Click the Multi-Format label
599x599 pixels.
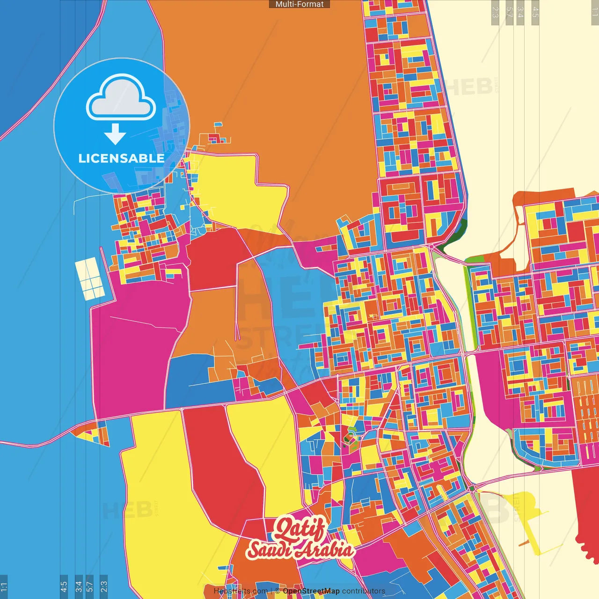(299, 4)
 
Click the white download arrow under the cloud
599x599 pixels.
(115, 134)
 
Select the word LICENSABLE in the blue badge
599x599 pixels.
(121, 158)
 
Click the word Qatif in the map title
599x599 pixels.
(299, 529)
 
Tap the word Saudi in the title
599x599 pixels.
(270, 550)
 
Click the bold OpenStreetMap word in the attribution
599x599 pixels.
(311, 591)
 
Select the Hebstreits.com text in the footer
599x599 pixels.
(241, 591)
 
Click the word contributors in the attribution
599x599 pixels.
(364, 591)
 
